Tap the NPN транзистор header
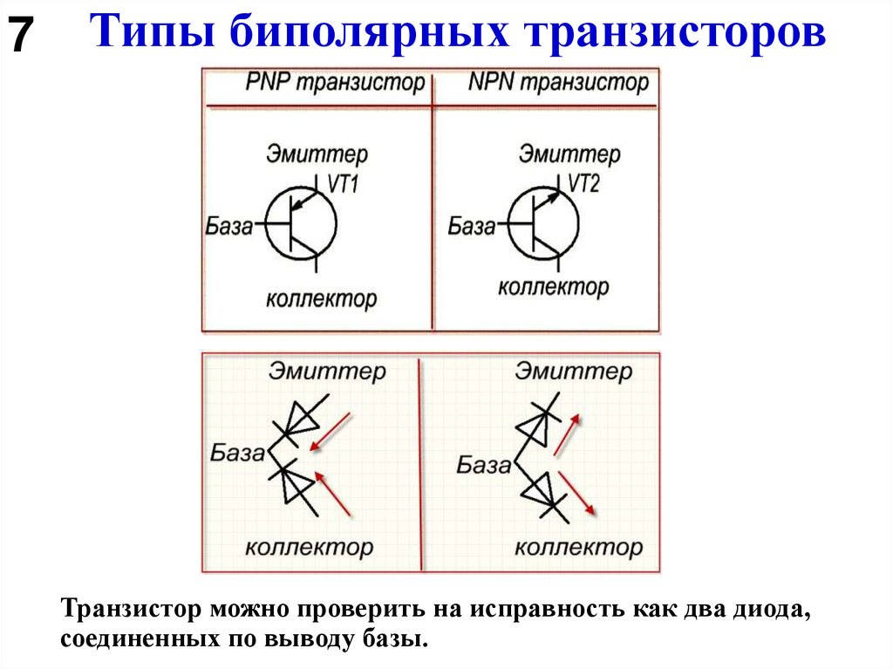[558, 83]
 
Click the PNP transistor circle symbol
[301, 226]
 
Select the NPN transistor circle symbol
[542, 226]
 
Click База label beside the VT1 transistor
[228, 227]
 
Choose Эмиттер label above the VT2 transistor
[569, 154]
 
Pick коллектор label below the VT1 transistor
[321, 298]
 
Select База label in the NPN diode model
[483, 465]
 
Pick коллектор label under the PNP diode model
[309, 548]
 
